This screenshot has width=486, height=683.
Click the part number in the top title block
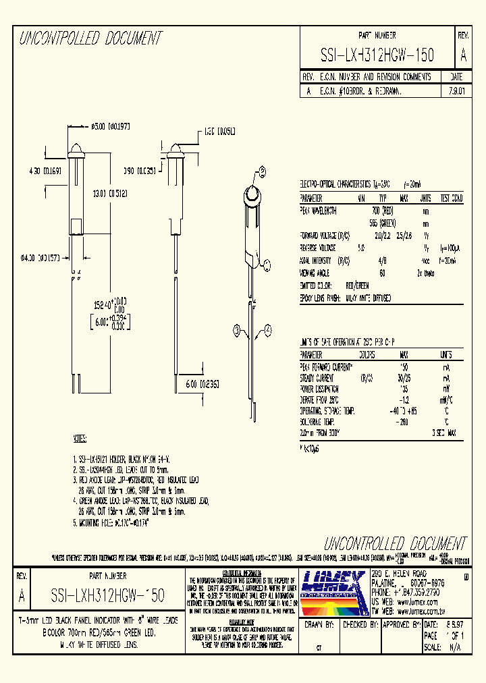pyautogui.click(x=377, y=55)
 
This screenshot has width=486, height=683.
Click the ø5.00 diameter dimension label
pyautogui.click(x=111, y=126)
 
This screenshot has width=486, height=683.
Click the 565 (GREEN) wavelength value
pyautogui.click(x=382, y=223)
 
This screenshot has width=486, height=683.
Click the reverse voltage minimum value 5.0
pyautogui.click(x=360, y=248)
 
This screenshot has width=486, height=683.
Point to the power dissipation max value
pyautogui.click(x=404, y=389)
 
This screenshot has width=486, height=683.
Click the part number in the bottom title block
pyautogui.click(x=107, y=596)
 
